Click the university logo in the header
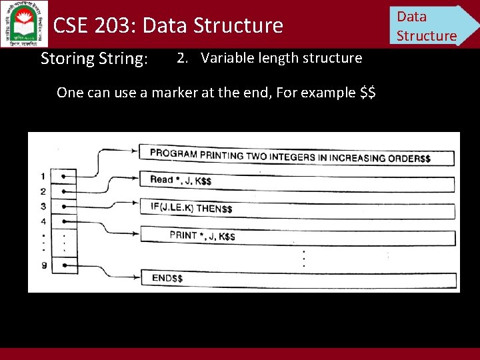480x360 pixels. [25, 23]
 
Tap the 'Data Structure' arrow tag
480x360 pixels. [430, 25]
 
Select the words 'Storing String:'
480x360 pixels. [94, 59]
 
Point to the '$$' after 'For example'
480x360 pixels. [367, 92]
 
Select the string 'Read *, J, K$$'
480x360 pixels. [181, 180]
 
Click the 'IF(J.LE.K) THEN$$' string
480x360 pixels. [191, 208]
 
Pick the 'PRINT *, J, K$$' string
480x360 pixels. [202, 236]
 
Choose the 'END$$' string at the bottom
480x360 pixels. [167, 278]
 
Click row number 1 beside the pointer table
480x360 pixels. [43, 176]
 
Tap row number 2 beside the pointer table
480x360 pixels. [43, 191]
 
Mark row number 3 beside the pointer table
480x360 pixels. [43, 206]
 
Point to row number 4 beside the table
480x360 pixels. [43, 221]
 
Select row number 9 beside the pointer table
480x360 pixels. [43, 265]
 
